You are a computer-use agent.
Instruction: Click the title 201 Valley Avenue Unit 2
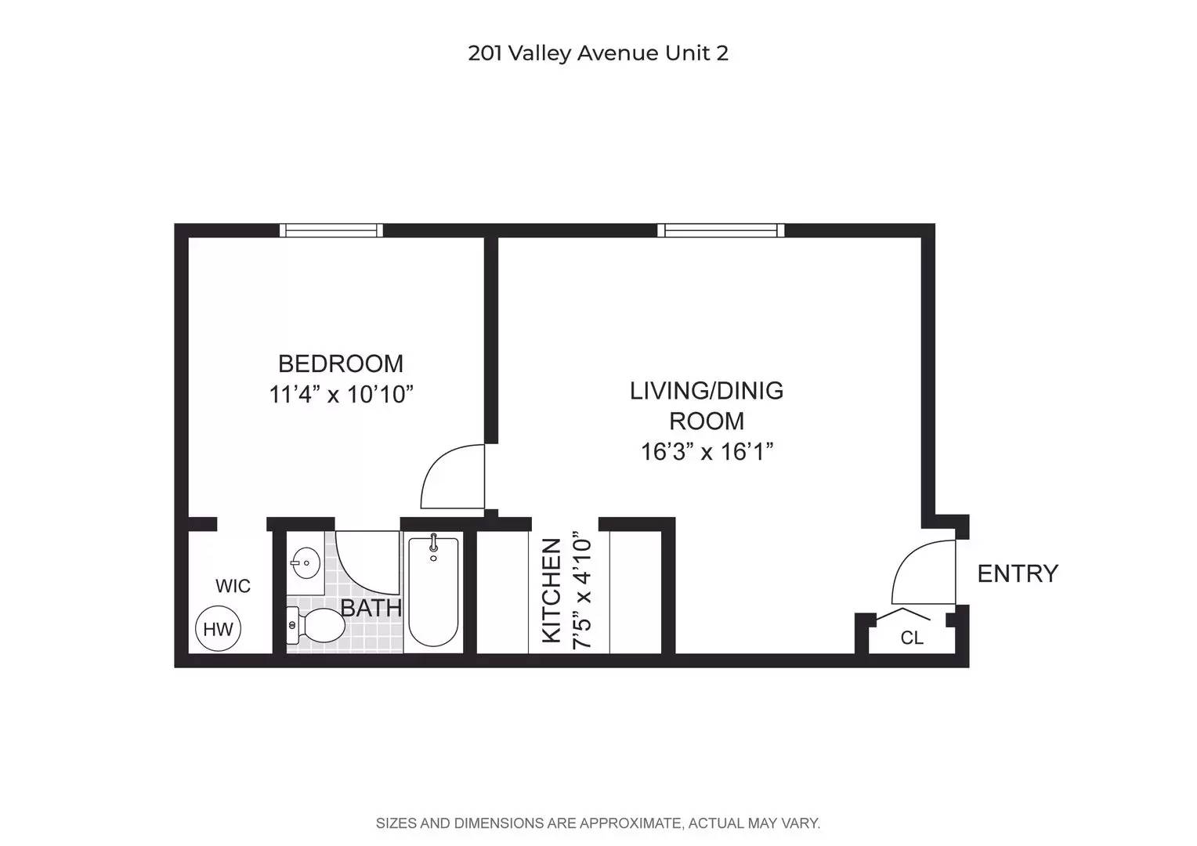click(x=598, y=53)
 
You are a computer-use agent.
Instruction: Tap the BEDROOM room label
click(x=341, y=363)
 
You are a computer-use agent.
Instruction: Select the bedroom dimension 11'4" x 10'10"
click(x=341, y=394)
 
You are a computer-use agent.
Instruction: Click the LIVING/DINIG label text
click(x=707, y=391)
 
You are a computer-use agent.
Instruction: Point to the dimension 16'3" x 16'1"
click(x=707, y=452)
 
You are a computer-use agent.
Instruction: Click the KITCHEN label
click(x=552, y=591)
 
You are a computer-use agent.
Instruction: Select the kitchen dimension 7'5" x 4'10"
click(x=582, y=591)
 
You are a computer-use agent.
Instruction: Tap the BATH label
click(x=371, y=608)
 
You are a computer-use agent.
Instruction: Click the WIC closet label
click(x=233, y=586)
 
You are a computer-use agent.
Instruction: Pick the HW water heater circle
click(x=219, y=629)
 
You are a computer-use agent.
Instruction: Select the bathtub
click(x=433, y=591)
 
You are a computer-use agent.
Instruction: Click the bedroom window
click(x=331, y=230)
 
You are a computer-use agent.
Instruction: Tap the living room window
click(x=721, y=230)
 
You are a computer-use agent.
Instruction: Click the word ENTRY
click(x=1018, y=573)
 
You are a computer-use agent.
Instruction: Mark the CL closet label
click(x=912, y=638)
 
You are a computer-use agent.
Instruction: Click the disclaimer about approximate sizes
click(x=598, y=823)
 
